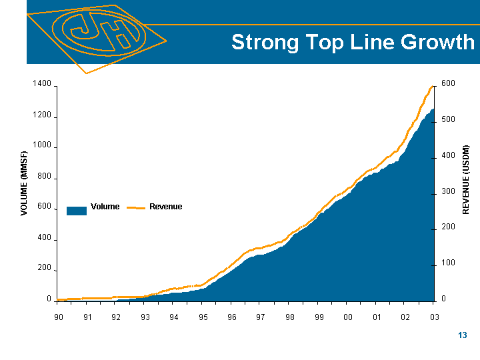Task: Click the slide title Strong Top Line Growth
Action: coord(353,43)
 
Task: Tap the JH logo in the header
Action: coord(99,33)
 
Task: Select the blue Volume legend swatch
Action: coord(77,211)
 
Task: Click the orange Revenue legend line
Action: coord(136,207)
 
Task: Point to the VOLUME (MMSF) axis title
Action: coord(25,183)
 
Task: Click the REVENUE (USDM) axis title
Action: coord(467,179)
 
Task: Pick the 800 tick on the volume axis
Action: coord(44,177)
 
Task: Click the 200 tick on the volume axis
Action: coord(44,268)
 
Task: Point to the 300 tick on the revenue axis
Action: coord(447,192)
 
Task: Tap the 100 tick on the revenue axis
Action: coord(447,264)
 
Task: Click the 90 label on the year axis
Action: coord(59,317)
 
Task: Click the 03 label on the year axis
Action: coord(434,317)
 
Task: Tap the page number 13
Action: coord(463,335)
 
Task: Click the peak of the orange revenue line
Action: coord(431,87)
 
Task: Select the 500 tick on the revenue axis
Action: coord(447,119)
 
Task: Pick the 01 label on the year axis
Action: coord(377,317)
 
